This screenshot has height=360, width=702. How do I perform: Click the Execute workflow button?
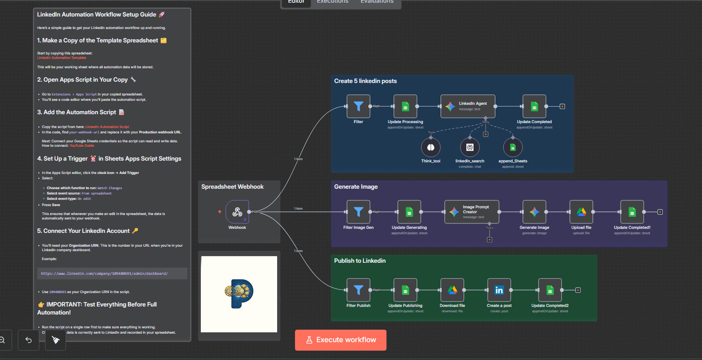(341, 340)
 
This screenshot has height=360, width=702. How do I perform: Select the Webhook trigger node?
(237, 212)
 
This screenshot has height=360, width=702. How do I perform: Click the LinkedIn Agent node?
(467, 106)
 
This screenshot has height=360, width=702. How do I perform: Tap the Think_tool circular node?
(431, 147)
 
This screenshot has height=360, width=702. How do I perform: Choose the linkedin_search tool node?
(469, 147)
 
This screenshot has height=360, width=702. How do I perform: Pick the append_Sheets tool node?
(513, 147)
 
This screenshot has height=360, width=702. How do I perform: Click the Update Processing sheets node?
(405, 106)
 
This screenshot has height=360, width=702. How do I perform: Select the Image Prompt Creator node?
(471, 212)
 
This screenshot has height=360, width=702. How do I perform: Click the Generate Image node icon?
(534, 212)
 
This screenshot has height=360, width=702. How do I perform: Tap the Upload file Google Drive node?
(581, 212)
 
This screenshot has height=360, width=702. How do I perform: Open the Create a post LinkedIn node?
(499, 290)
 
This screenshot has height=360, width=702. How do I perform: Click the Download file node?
(452, 290)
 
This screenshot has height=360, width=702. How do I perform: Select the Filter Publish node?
(358, 290)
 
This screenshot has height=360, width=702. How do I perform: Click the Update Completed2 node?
(550, 290)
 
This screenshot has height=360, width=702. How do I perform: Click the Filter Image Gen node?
(358, 212)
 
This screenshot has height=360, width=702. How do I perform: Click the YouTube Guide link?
(82, 145)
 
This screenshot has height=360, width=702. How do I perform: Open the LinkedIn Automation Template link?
(62, 58)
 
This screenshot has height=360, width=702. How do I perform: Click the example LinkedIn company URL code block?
(112, 273)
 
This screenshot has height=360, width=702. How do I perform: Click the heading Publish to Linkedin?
(360, 261)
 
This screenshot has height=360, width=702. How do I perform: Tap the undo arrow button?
(29, 340)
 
